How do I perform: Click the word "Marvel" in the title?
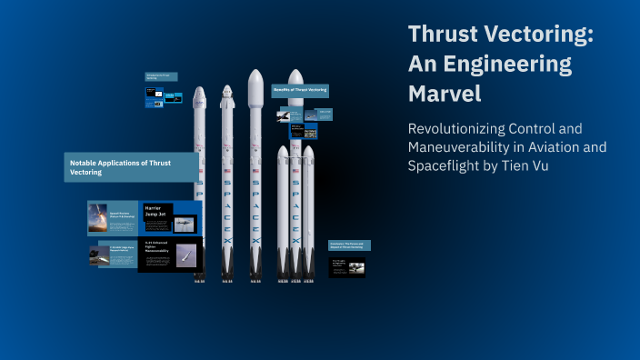(445, 93)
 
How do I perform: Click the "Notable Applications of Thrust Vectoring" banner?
(132, 166)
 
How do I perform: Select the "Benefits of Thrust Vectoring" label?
(300, 90)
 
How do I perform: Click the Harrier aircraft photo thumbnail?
(184, 225)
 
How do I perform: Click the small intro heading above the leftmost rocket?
(160, 77)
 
